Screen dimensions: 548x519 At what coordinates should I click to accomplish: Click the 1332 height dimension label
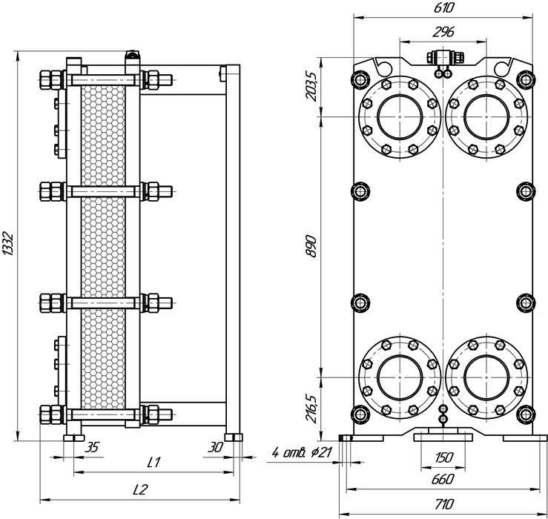point(7,243)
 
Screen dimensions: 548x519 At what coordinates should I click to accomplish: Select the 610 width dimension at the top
point(443,7)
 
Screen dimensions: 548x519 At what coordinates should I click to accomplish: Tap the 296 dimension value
point(443,32)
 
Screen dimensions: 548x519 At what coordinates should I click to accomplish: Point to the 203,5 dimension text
point(311,86)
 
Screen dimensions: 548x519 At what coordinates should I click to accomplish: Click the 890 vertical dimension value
point(311,247)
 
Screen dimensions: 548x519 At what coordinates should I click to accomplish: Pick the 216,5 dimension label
point(311,409)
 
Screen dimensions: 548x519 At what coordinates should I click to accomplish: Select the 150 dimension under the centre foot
point(443,457)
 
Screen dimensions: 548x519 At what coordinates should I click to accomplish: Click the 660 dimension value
point(443,479)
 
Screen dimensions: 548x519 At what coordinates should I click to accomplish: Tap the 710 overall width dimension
point(444,504)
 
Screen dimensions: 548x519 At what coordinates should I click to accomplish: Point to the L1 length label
point(153,463)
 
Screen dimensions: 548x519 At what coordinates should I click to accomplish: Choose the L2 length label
point(140,490)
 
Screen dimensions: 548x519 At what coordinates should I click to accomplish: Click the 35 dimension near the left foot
point(93,447)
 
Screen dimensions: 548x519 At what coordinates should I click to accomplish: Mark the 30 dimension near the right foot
point(215,447)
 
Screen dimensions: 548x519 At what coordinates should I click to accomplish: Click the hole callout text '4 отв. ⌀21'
point(302,452)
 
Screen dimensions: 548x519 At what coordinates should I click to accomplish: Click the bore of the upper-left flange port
point(400,116)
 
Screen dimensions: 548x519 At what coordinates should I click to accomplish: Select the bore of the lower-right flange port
point(486,377)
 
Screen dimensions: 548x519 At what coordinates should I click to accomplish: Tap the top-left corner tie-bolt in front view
point(360,79)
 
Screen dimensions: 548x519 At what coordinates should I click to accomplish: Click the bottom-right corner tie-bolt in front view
point(526,414)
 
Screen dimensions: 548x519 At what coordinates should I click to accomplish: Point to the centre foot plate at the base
point(443,437)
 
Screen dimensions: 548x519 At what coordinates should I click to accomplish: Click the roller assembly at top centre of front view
point(444,58)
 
